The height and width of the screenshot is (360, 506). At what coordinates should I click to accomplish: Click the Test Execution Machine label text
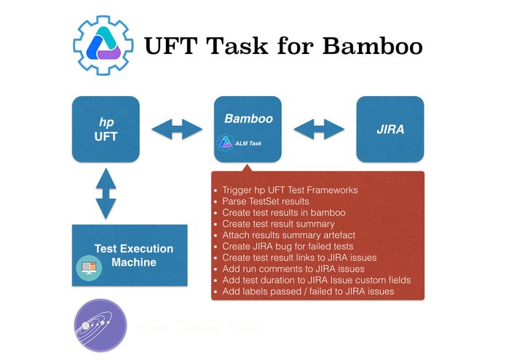(134, 255)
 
